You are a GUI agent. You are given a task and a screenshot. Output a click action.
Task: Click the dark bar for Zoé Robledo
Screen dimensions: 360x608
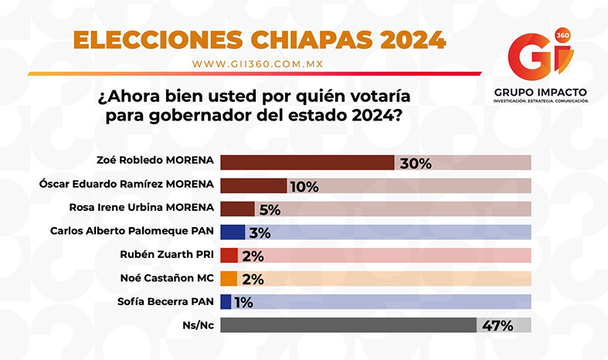click(x=307, y=163)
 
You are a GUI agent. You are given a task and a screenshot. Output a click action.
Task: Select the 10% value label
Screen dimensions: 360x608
click(x=304, y=186)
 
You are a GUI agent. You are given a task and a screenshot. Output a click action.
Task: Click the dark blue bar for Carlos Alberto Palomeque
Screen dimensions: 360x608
click(x=233, y=232)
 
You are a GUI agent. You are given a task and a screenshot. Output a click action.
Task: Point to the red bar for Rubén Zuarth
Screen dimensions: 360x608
click(x=229, y=256)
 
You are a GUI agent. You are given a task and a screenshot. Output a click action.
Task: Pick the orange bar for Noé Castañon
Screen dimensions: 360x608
click(x=229, y=279)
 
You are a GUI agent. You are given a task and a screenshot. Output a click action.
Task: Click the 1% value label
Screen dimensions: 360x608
click(x=244, y=302)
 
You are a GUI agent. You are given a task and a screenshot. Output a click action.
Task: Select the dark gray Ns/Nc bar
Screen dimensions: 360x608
click(x=348, y=325)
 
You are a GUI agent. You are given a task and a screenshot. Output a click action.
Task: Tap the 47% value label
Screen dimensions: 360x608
click(x=497, y=325)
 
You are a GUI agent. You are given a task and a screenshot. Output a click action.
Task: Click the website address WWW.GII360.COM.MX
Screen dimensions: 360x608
click(x=257, y=63)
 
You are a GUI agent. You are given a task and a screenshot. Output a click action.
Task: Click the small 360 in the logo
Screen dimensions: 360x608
click(x=562, y=36)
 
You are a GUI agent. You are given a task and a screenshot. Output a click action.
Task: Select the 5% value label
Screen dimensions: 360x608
click(x=270, y=209)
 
